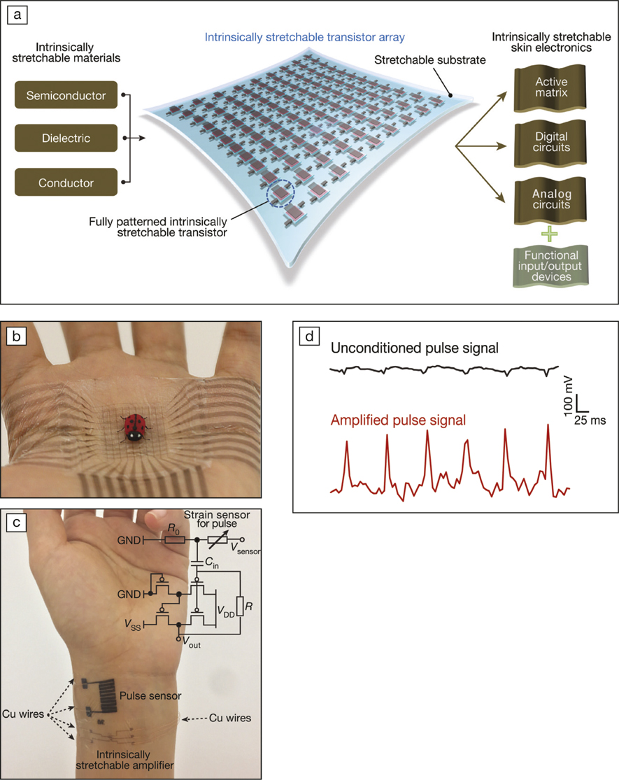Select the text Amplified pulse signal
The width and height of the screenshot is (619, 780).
tap(398, 421)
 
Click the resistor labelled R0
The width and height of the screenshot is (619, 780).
tap(176, 540)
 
